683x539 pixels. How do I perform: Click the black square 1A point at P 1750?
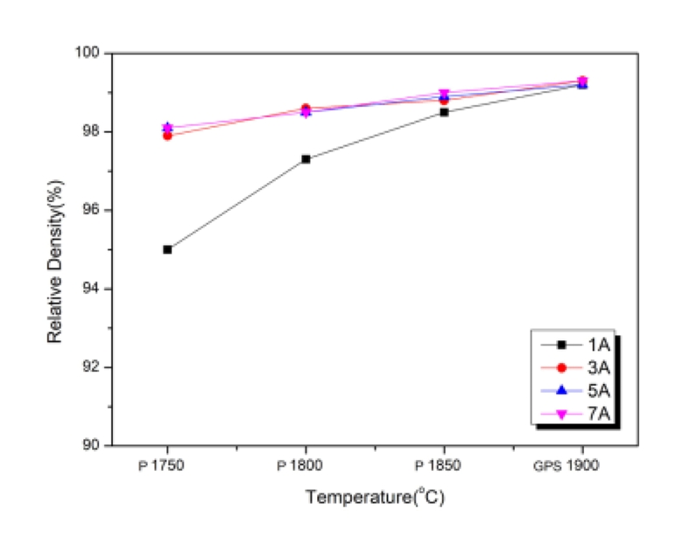coord(167,249)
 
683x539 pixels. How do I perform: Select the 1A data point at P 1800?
coord(306,159)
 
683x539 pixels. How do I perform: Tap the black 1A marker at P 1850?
coord(445,112)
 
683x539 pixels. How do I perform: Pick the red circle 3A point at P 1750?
coord(167,136)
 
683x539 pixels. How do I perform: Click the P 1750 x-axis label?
coord(165,466)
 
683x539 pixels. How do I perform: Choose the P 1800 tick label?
coord(305,466)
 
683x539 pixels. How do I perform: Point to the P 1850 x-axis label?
coord(443,466)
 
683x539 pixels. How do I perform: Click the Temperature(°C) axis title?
coord(377,497)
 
